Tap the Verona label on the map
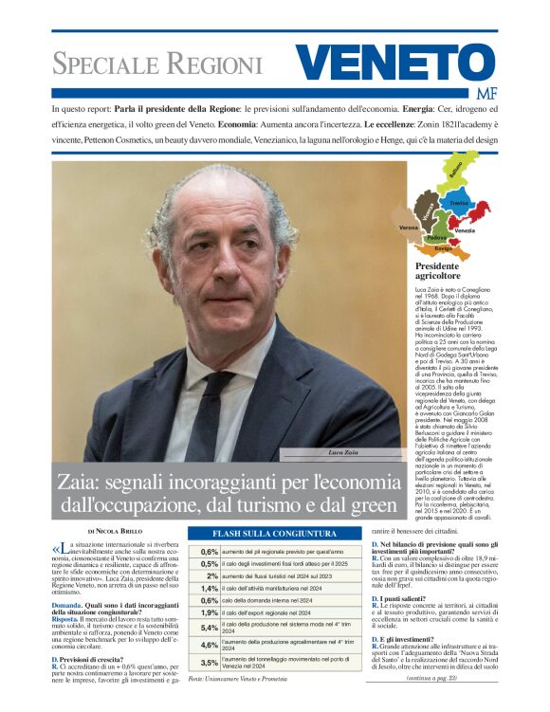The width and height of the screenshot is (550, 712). tap(409, 228)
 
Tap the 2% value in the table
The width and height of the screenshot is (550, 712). tap(211, 575)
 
